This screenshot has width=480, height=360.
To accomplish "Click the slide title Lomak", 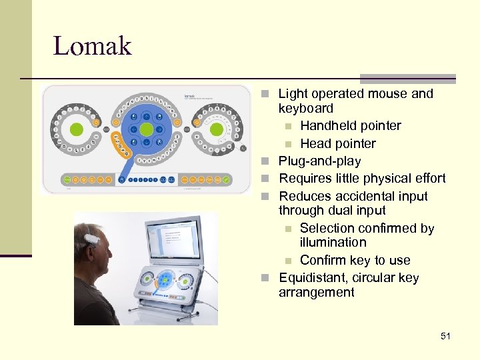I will (x=92, y=46).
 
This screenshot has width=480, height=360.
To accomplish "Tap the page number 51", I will (x=445, y=336).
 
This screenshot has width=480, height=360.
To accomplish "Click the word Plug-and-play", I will (x=319, y=161).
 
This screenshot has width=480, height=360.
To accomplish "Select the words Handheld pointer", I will (x=350, y=126).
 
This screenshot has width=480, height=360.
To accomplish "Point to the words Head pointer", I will (x=337, y=144).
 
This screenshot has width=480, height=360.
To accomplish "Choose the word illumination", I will (x=333, y=243).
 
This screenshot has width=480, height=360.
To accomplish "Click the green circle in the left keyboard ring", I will (x=76, y=129).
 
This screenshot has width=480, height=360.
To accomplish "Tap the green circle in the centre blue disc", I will (x=147, y=129).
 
